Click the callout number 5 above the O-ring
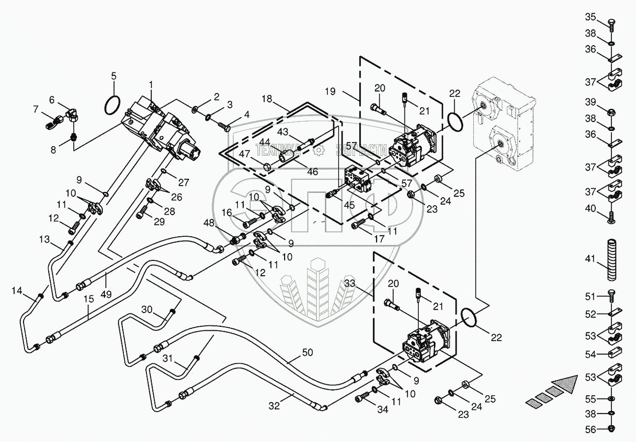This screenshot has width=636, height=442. click(114, 76)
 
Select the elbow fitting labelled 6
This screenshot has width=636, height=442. click(73, 115)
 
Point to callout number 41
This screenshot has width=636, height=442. click(590, 258)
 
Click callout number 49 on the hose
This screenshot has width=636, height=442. click(106, 294)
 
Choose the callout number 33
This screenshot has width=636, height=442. click(350, 283)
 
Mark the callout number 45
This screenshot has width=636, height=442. click(349, 205)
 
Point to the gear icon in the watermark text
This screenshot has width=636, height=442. click(318, 150)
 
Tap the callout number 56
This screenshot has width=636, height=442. click(590, 429)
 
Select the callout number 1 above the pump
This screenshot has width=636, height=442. click(151, 85)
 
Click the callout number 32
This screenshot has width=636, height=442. click(274, 406)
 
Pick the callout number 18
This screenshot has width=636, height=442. click(267, 99)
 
